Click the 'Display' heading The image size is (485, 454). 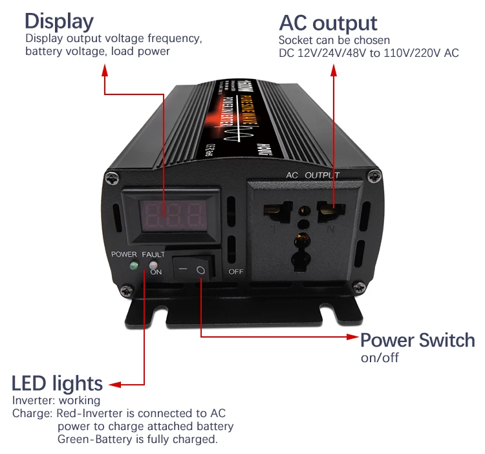(59, 21)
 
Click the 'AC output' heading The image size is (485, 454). (328, 23)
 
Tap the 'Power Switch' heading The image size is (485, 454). (417, 340)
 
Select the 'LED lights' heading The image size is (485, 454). (58, 383)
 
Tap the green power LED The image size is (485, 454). (133, 266)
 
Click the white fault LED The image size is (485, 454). (153, 265)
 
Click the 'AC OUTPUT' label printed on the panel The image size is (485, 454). (313, 175)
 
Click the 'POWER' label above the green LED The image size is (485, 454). (124, 255)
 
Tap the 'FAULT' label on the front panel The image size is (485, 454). (153, 255)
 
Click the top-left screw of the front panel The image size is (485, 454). (113, 175)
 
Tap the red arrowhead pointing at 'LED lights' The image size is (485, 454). (116, 385)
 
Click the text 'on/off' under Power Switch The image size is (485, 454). (380, 358)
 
